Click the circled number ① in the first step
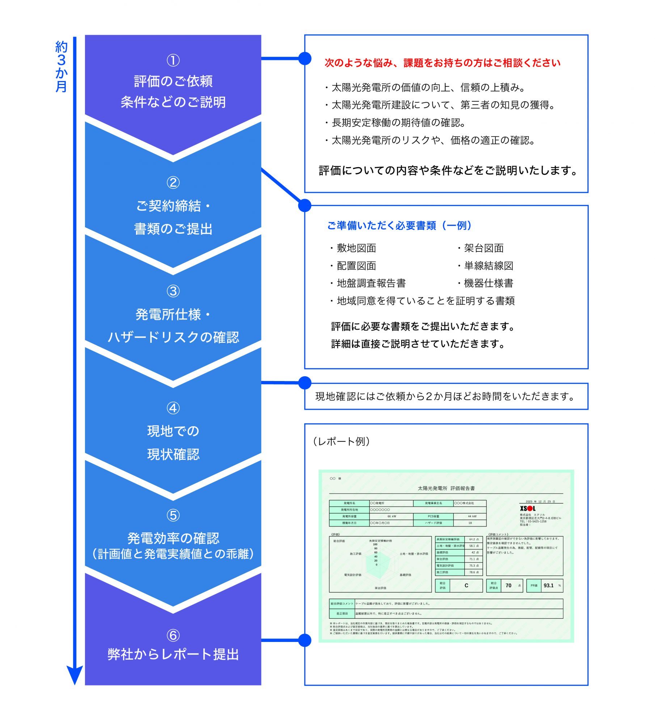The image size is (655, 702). (173, 60)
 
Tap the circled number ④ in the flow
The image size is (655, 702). (173, 408)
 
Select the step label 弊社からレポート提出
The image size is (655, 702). (173, 654)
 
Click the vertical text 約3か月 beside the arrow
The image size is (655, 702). (61, 67)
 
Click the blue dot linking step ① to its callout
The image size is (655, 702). (305, 58)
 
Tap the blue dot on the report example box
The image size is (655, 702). (305, 640)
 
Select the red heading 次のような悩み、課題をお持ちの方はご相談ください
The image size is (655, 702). (442, 63)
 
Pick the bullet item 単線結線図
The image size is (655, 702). (489, 266)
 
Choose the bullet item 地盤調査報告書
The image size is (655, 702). (371, 283)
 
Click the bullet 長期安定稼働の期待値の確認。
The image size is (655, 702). (398, 123)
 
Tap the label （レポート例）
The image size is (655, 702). (341, 441)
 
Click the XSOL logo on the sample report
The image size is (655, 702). (528, 508)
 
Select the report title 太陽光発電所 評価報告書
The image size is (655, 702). (446, 488)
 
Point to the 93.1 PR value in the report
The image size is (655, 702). (548, 585)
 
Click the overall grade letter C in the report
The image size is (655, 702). (466, 585)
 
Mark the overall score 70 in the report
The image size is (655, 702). (508, 585)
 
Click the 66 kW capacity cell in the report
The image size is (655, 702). (392, 516)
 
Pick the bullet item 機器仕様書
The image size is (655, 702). (489, 283)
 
